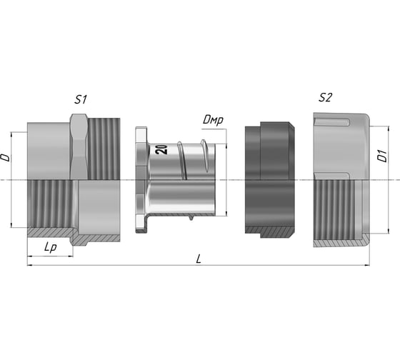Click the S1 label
81,99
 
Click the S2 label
325,97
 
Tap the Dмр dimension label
213,120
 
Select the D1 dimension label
383,156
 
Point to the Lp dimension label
51,247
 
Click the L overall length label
199,259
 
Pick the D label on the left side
6,158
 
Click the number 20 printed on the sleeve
161,149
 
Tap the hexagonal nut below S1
79,146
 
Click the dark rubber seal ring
270,179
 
